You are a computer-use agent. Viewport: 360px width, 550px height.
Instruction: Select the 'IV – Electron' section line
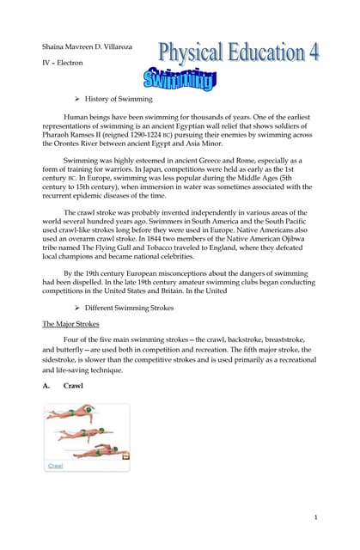tap(64, 64)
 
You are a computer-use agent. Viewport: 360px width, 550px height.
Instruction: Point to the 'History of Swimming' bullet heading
tap(119, 100)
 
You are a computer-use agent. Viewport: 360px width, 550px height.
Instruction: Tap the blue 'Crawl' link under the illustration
tap(55, 465)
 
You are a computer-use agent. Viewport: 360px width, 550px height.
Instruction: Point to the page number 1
tap(315, 516)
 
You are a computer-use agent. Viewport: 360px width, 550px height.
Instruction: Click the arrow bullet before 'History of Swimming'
tap(76, 100)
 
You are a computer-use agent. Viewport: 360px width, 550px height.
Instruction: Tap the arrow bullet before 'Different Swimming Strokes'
tap(76, 307)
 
